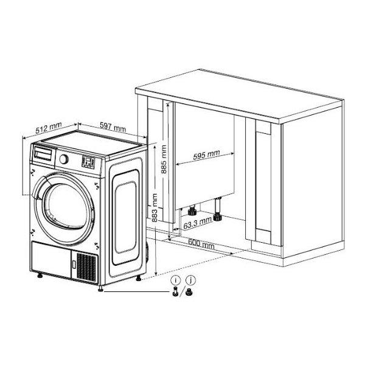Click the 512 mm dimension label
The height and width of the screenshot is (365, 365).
click(x=49, y=128)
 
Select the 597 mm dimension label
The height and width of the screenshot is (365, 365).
click(x=113, y=127)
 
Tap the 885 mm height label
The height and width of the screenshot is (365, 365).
click(x=164, y=159)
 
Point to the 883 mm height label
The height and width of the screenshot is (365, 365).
click(x=154, y=207)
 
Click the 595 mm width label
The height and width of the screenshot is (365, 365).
click(x=206, y=155)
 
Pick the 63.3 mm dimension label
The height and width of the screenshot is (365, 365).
click(x=197, y=223)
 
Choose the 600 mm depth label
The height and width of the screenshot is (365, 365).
click(x=201, y=243)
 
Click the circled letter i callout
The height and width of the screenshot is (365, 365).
click(x=176, y=280)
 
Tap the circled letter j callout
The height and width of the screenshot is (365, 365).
click(x=191, y=280)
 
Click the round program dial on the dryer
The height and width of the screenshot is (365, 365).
click(x=63, y=159)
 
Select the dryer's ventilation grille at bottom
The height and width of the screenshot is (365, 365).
click(x=86, y=268)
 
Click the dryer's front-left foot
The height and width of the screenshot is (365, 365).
click(x=40, y=276)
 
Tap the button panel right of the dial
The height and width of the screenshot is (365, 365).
click(x=88, y=162)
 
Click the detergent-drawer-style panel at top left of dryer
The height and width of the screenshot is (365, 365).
click(x=43, y=154)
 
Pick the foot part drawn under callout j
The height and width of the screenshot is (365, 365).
click(x=189, y=291)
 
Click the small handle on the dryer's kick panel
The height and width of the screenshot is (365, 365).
click(x=74, y=265)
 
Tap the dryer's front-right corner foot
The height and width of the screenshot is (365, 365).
click(x=100, y=288)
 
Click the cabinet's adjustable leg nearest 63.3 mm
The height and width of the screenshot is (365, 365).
click(x=192, y=210)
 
